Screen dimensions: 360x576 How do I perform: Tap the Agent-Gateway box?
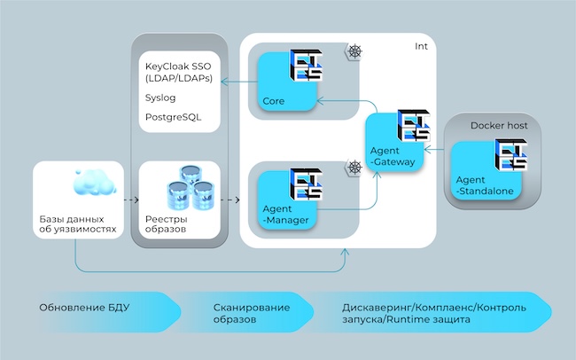(393, 146)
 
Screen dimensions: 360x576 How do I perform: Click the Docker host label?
(499, 126)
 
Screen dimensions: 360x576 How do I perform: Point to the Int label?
(422, 46)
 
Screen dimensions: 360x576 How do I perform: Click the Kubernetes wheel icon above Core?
(355, 51)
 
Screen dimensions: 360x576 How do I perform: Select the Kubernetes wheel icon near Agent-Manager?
(355, 167)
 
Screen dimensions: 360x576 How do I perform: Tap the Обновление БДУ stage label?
(84, 308)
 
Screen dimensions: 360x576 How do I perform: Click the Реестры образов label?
(167, 225)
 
